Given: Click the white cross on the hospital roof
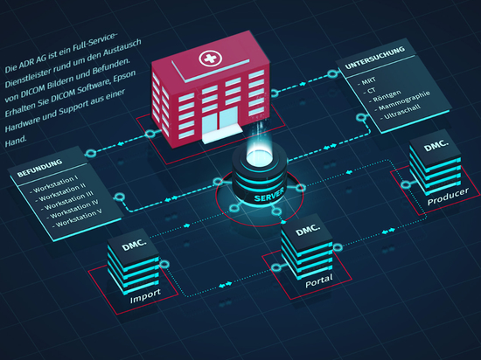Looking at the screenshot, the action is point(210,58).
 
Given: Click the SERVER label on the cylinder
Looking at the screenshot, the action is point(268,195).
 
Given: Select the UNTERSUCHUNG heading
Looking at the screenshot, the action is point(375,58).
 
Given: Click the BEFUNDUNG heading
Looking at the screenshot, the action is point(39,169).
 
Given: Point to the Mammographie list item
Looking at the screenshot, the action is point(404,100).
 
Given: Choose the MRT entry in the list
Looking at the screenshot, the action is point(368,81).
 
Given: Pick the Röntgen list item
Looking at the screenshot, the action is point(387,96).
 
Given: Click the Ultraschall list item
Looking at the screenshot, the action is point(402,112).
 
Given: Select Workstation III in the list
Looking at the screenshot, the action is point(68,201).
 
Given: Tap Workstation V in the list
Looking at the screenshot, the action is point(79,218).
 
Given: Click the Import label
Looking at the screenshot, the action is point(145,295).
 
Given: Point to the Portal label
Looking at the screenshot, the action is point(319,280).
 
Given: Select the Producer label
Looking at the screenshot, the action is point(448,196).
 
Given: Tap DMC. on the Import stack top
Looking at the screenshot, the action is point(134,245).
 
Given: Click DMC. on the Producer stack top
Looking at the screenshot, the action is point(436,145).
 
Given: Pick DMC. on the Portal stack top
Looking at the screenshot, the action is point(308,231).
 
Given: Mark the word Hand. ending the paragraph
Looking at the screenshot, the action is point(16,141).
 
